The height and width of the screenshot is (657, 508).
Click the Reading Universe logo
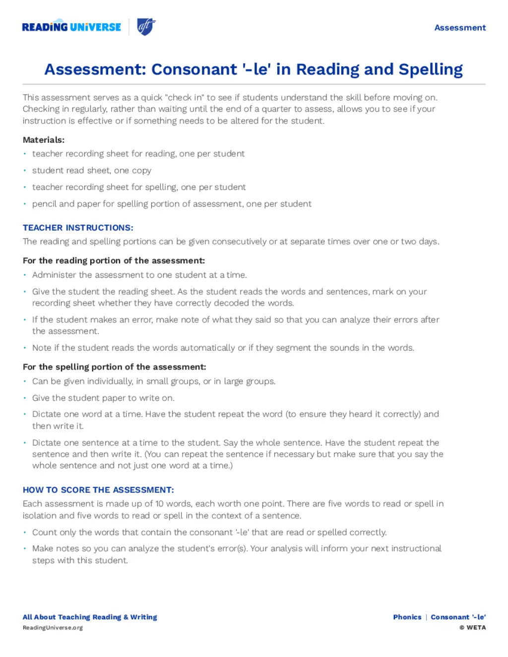coord(71,27)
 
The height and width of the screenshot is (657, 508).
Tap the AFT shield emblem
coord(146,27)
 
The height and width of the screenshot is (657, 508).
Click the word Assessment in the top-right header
coord(460,28)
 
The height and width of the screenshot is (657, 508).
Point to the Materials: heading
coord(44,140)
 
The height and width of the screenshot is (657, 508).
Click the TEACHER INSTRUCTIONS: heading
coord(78,228)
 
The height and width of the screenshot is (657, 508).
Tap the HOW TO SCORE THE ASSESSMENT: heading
coord(98,490)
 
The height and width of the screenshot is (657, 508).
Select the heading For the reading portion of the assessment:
coord(114,260)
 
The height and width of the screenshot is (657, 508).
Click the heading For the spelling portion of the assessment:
coord(114,367)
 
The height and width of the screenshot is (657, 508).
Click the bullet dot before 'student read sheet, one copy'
coord(24,170)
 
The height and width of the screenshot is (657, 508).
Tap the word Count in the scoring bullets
coord(44,533)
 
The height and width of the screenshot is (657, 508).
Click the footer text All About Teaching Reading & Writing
coord(90,617)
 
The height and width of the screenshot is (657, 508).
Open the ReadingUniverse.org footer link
coord(53,628)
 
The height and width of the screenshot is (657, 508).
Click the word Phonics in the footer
coord(407,617)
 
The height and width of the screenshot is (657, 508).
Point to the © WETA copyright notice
coord(472,628)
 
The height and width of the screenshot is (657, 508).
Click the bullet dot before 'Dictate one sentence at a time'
coord(24,442)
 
